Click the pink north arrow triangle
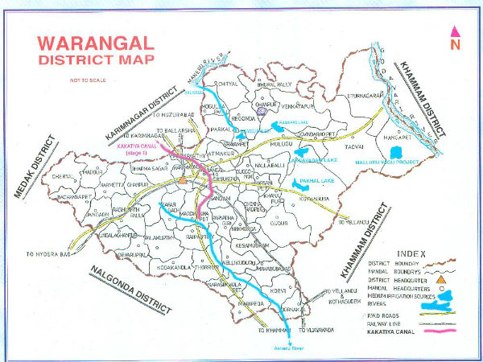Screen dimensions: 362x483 (455, 32)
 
